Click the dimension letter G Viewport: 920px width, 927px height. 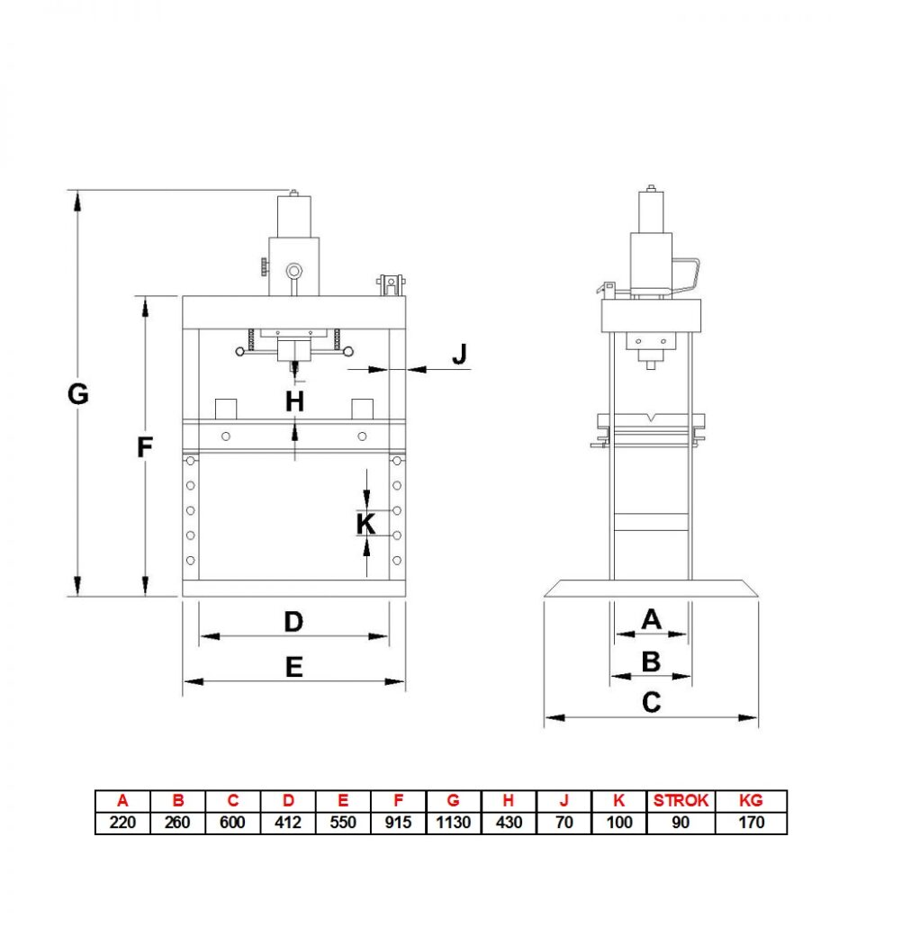click(x=78, y=393)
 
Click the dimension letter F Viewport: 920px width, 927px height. click(x=145, y=447)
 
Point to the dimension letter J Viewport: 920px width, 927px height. click(x=459, y=354)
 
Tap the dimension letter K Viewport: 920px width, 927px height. click(x=365, y=524)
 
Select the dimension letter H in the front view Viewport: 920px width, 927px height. click(x=294, y=402)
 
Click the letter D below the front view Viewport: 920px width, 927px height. click(x=293, y=622)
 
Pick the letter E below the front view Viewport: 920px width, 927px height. click(x=293, y=668)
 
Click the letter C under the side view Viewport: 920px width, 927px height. click(x=651, y=703)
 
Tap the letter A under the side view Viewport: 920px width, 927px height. click(x=651, y=619)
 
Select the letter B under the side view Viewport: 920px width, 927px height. click(x=651, y=661)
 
